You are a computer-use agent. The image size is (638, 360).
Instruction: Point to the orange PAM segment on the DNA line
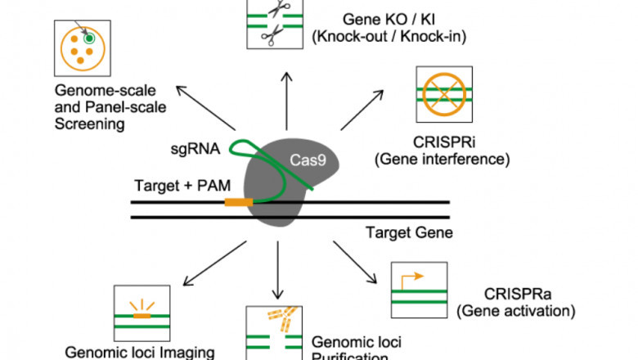click(x=239, y=200)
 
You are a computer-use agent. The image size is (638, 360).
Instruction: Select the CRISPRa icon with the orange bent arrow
click(x=419, y=290)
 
